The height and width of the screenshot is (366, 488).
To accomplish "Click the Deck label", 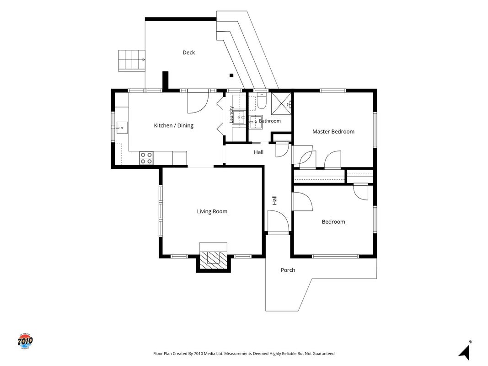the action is click(x=188, y=53).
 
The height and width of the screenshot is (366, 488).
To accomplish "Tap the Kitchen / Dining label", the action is click(x=174, y=125).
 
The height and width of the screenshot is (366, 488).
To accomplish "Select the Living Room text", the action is click(x=212, y=211).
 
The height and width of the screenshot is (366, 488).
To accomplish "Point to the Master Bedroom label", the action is click(x=333, y=131).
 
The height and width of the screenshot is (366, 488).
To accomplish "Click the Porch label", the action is click(x=288, y=270).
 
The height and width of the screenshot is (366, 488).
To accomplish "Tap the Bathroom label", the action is click(x=269, y=121).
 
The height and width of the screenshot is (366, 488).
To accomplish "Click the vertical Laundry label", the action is click(x=231, y=114).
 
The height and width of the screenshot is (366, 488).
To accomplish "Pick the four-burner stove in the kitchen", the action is click(x=146, y=158).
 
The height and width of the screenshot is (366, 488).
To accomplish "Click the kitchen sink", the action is click(x=122, y=128).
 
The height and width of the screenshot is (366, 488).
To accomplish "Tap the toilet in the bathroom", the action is click(x=262, y=101).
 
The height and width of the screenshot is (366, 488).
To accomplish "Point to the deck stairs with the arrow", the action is click(x=132, y=60).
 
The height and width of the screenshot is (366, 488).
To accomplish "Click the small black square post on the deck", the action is click(x=231, y=75).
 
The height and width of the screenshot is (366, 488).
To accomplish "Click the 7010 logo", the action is click(x=25, y=341).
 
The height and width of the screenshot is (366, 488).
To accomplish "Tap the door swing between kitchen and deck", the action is click(x=198, y=102).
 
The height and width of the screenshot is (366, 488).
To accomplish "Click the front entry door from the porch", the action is click(x=279, y=221).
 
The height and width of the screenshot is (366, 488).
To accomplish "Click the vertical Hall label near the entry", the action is click(x=274, y=200).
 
